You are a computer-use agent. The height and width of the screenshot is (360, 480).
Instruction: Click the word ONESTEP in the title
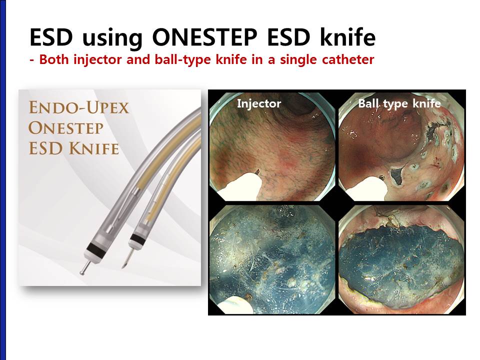point(204,37)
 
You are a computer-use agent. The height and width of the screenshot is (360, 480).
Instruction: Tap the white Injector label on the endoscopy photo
point(259,104)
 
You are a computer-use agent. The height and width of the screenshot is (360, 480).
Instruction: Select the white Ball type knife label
point(399,104)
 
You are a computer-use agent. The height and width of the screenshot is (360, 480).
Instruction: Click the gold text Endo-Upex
point(79,107)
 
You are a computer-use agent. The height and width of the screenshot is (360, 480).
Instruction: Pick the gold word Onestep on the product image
point(66,127)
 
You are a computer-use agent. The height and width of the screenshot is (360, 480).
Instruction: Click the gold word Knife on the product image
point(93,148)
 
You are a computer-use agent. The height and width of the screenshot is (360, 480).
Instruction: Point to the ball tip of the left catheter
point(82,272)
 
